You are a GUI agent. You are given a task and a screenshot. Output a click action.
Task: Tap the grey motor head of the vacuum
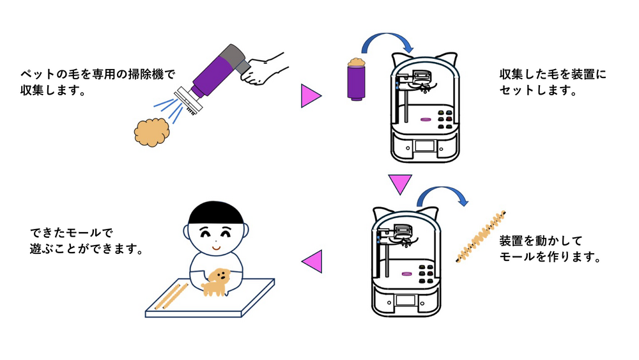tap(235, 58)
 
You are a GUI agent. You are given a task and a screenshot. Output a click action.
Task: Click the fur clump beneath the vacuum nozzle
tap(151, 132)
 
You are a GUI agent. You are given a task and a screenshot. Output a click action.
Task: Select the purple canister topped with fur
tap(356, 79)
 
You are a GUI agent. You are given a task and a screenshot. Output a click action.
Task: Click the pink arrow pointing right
tap(311, 96)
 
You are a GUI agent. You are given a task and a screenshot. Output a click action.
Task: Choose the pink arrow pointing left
tap(312, 262)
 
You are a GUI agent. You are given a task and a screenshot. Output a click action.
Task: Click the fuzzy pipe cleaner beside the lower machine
tap(481, 237)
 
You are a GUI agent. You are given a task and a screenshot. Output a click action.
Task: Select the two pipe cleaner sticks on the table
tap(171, 296)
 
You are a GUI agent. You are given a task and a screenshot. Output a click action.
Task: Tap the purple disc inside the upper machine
tap(426, 120)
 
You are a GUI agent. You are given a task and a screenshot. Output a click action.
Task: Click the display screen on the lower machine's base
tap(406, 301)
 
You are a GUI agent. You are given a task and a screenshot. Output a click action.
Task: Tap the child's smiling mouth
tap(216, 247)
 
